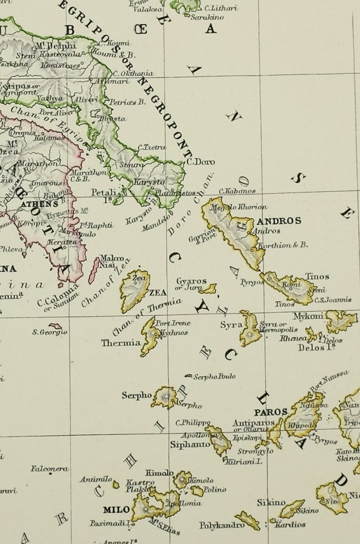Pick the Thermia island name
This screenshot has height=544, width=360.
(x=120, y=342)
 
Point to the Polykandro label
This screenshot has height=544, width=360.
(x=216, y=525)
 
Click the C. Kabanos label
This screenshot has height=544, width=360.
(x=237, y=191)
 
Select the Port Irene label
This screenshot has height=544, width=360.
(x=173, y=323)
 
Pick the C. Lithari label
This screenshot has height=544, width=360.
(x=221, y=8)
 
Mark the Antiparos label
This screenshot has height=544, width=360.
(x=253, y=423)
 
